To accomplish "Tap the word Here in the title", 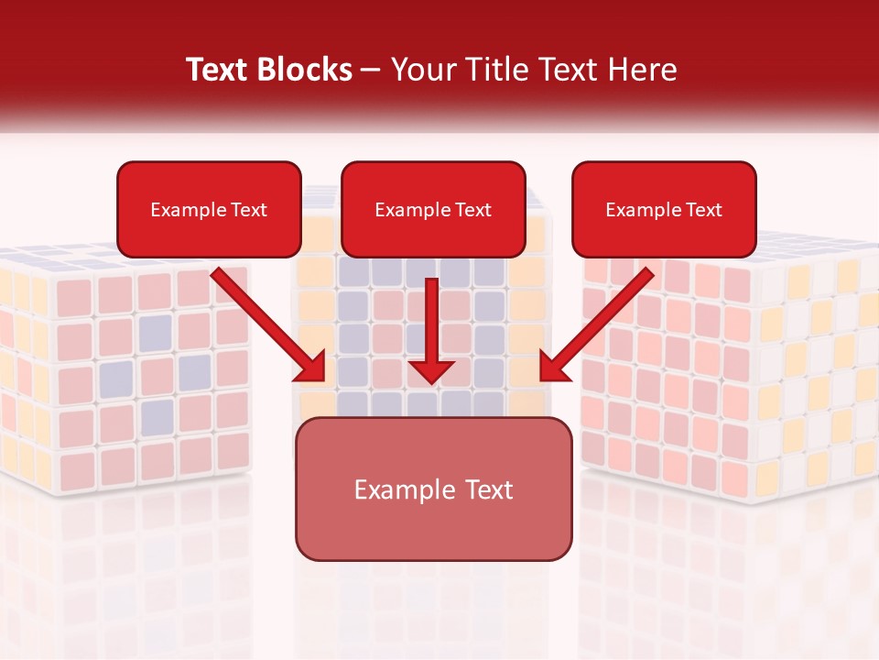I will click(644, 70).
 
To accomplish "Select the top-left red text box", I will click(209, 209).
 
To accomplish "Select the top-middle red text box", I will click(433, 209).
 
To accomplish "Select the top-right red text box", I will click(664, 209).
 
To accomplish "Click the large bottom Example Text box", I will click(433, 489).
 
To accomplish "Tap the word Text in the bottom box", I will click(488, 489).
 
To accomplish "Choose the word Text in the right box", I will click(703, 210).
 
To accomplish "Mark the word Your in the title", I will click(422, 70).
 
